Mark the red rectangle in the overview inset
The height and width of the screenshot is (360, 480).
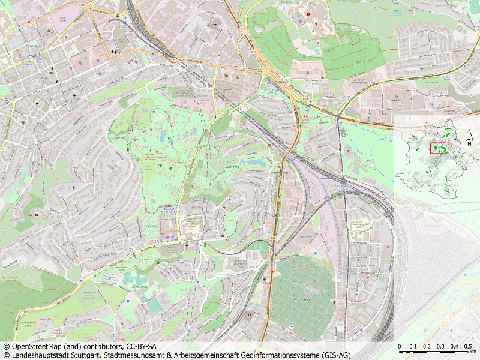437,148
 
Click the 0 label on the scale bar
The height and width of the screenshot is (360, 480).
400,347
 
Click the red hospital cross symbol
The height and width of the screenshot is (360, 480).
308,14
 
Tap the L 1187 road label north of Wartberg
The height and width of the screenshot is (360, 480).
225,112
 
